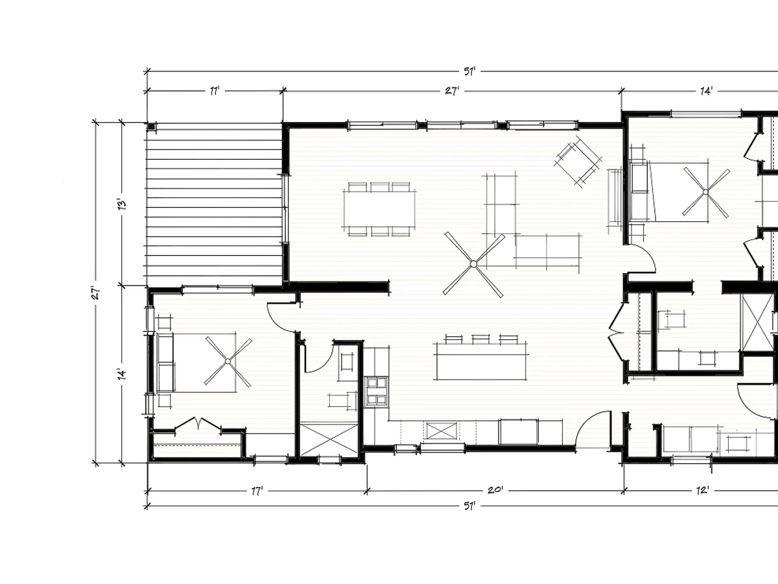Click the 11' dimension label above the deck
pos(215,91)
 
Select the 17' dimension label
pos(257,491)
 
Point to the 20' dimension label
pos(495,491)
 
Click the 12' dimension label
pos(703,491)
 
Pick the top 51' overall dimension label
pos(469,71)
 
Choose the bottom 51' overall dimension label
pos(469,506)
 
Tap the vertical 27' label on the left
pos(96,293)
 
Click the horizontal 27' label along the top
pos(452,91)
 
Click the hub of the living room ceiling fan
pos(473,264)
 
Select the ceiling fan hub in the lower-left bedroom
pos(228,361)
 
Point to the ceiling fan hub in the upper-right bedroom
pos(705,192)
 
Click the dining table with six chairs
pos(379,209)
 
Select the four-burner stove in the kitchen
pos(377,391)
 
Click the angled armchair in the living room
pos(578,161)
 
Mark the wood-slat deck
pos(214,204)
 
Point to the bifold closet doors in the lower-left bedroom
pos(198,424)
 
